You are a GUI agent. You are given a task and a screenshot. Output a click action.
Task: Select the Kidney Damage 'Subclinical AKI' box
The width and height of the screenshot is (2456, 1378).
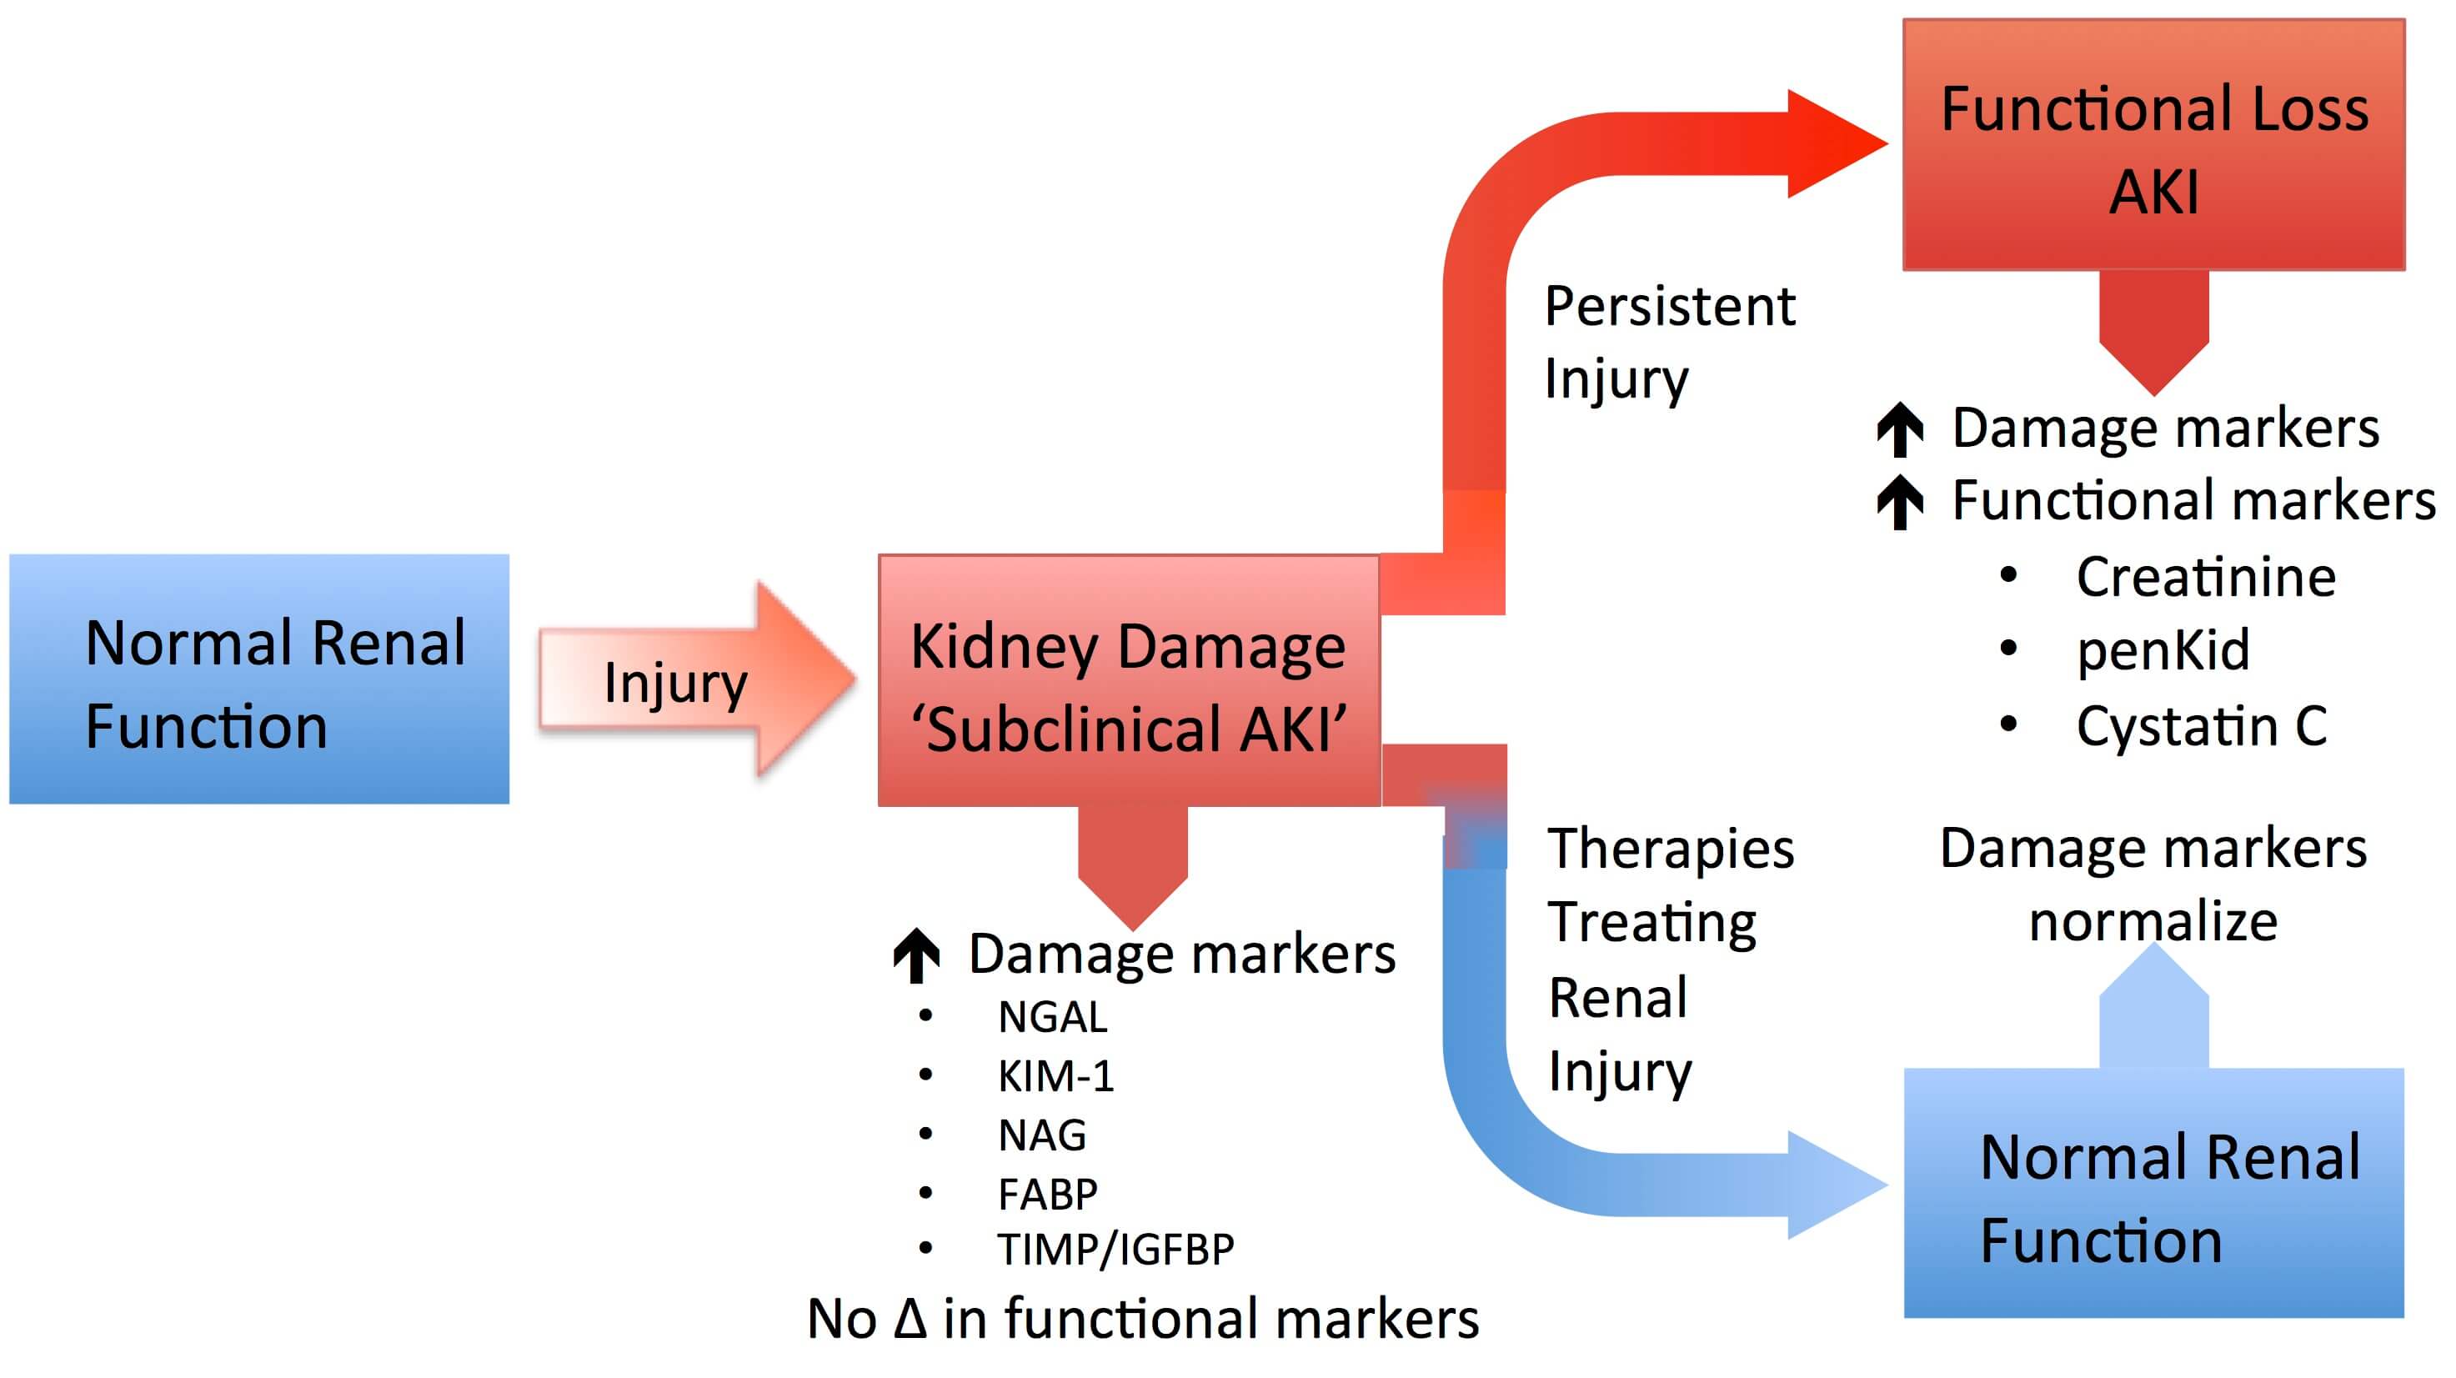[x=1129, y=680]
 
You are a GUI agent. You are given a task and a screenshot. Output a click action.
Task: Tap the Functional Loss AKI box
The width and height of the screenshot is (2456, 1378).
[x=2153, y=145]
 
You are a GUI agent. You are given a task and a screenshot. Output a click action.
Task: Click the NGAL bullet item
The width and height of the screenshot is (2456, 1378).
[x=1051, y=1018]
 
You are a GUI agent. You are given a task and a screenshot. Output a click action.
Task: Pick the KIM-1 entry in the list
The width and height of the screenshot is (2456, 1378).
[x=1055, y=1077]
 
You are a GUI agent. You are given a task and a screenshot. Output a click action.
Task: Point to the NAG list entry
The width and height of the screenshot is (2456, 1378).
[x=1041, y=1135]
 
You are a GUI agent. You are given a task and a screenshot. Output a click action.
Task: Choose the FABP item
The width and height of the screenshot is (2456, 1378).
[x=1047, y=1194]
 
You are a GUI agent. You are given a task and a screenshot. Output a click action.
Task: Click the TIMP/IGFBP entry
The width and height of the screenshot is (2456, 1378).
[x=1115, y=1250]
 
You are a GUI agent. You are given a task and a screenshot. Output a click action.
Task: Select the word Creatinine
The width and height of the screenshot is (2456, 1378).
[x=2205, y=577]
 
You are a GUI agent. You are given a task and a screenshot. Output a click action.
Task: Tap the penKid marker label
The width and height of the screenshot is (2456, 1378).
[x=2163, y=650]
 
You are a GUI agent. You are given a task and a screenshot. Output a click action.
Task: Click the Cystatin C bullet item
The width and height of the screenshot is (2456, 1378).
[x=2202, y=727]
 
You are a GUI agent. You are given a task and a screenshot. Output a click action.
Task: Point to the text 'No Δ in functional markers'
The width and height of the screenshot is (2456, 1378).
[x=1142, y=1319]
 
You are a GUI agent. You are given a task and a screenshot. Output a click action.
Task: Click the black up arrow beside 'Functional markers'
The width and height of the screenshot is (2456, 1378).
[x=1900, y=502]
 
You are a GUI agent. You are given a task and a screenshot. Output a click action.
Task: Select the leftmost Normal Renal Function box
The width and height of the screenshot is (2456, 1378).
[x=259, y=679]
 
